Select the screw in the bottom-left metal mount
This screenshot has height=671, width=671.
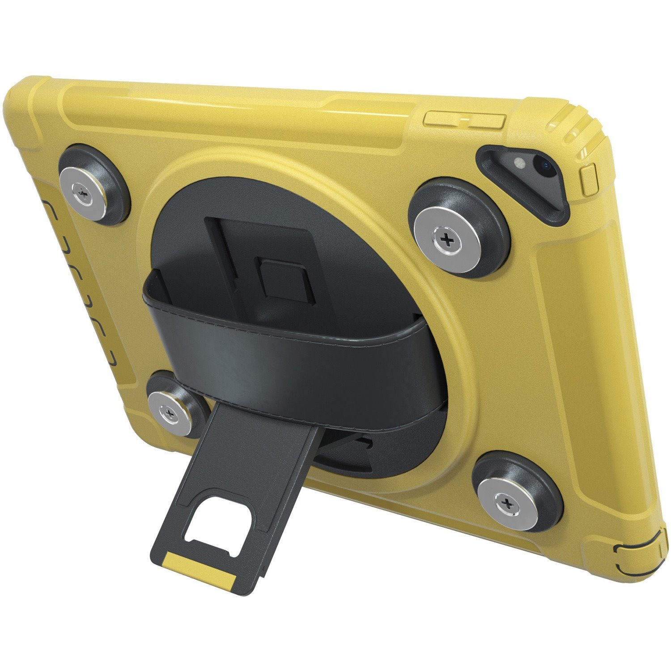click(x=168, y=411)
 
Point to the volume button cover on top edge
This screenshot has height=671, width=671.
click(x=464, y=120)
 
